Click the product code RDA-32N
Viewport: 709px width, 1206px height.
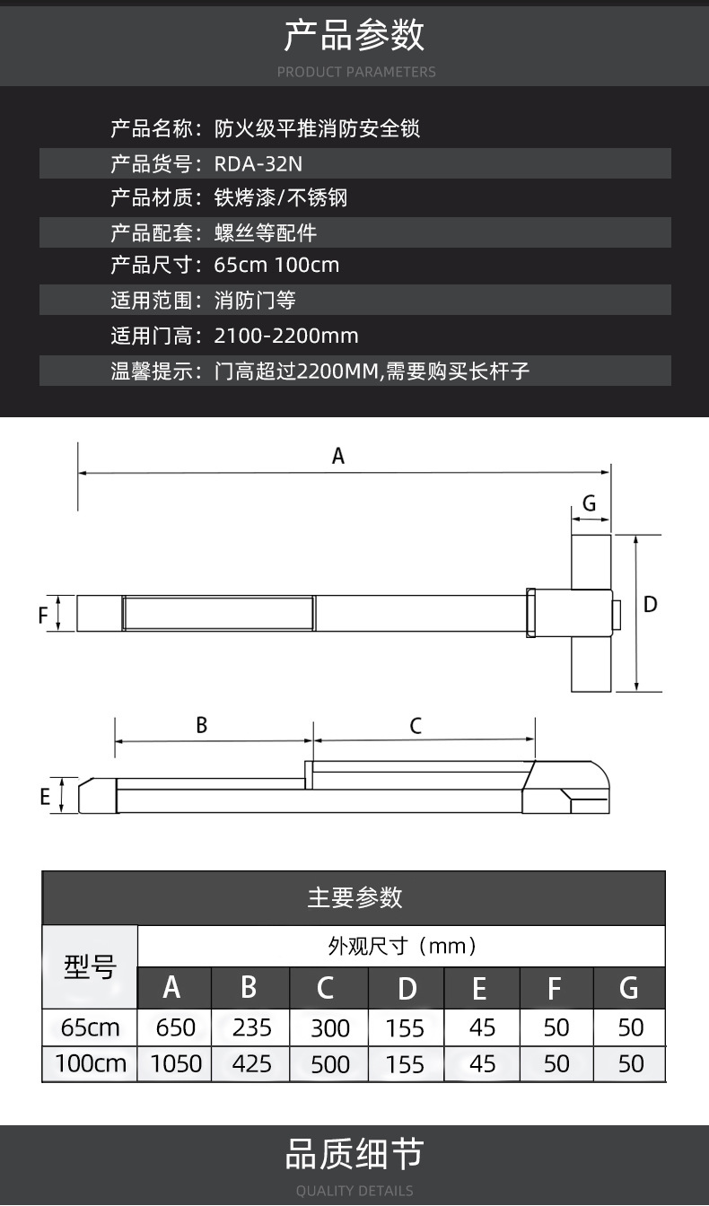point(258,163)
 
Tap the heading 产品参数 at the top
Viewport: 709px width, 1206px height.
point(354,35)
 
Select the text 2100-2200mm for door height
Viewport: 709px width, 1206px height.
point(286,336)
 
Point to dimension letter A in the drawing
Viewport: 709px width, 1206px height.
point(338,456)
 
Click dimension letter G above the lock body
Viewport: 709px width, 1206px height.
point(590,503)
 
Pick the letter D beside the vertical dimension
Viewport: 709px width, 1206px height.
point(651,604)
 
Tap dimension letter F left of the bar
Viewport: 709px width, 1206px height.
point(43,615)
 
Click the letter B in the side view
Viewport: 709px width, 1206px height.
point(201,725)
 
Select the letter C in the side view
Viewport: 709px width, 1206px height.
point(416,726)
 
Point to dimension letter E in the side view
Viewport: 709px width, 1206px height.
point(45,796)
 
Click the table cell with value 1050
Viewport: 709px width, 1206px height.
point(176,1064)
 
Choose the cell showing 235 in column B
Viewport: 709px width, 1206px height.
point(251,1027)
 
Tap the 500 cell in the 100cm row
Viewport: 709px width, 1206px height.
point(330,1064)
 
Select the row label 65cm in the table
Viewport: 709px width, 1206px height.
point(90,1027)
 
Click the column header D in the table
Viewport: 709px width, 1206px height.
point(407,988)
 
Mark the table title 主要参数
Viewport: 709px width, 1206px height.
point(354,897)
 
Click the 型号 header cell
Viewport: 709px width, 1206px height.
point(90,966)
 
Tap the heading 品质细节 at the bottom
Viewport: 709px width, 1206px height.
point(354,1154)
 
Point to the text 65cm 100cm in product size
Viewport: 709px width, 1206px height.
point(276,265)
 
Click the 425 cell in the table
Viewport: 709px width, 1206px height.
point(251,1064)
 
